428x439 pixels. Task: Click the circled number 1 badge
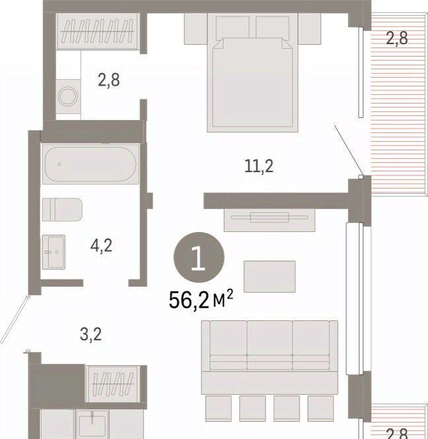tap(199, 257)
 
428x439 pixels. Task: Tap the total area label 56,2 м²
tap(201, 299)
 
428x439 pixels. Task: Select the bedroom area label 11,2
tap(259, 166)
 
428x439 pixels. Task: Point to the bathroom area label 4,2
tap(101, 246)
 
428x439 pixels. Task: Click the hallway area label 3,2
tap(90, 334)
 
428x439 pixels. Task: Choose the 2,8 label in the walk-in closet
tap(108, 80)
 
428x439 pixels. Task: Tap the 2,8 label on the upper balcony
tap(396, 38)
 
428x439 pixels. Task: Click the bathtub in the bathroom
tap(90, 164)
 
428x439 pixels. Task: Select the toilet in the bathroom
tap(62, 210)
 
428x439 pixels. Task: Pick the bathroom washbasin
tap(54, 252)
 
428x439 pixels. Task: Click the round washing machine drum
tap(67, 96)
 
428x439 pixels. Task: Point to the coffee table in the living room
tap(269, 277)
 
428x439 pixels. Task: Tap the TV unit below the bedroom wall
tap(269, 220)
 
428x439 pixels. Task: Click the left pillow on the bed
tap(232, 28)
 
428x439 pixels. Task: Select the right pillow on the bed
tap(272, 28)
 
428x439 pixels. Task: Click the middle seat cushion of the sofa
tap(269, 345)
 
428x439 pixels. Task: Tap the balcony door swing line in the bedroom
tap(347, 150)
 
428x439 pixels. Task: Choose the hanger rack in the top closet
tap(97, 31)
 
